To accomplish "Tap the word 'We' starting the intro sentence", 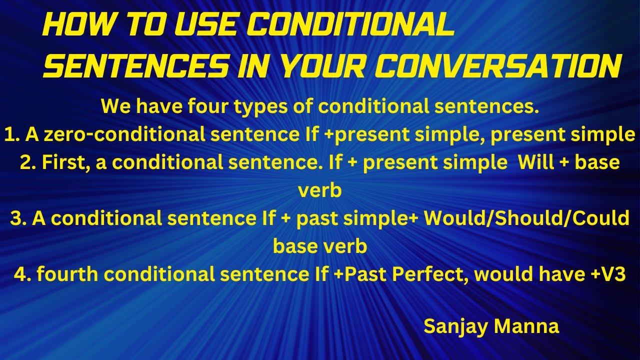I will point(115,106).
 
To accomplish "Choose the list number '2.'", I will point(28,162).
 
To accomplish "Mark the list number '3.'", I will point(17,218).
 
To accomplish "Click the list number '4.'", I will point(23,274).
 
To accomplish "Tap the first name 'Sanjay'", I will point(454,326).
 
